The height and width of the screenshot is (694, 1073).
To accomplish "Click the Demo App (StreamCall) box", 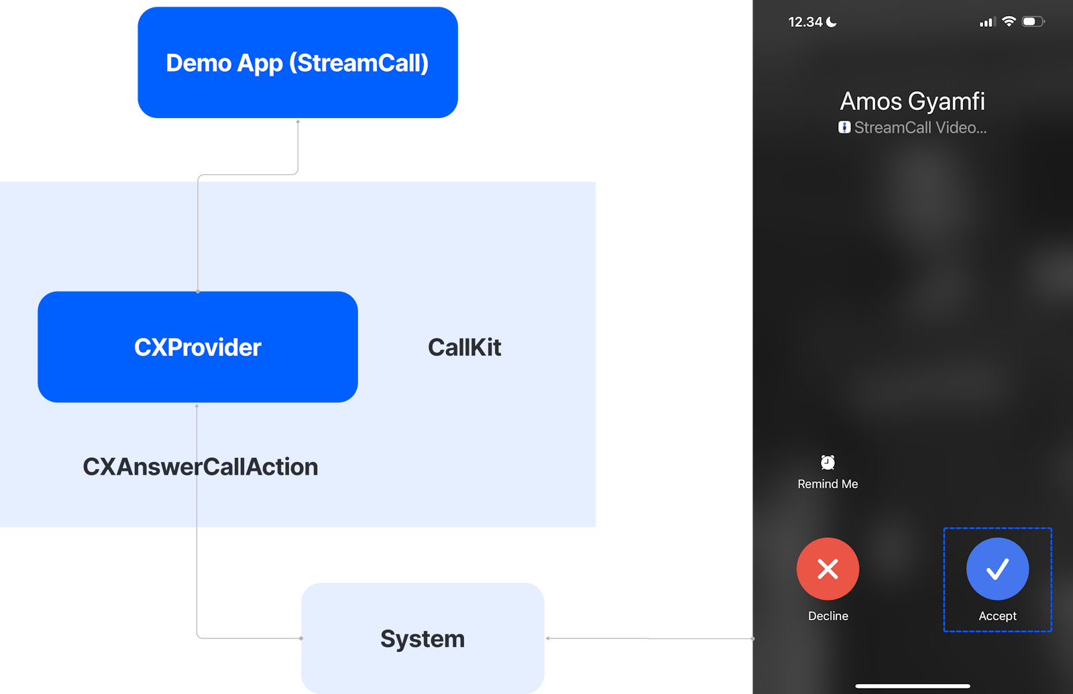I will pyautogui.click(x=297, y=63).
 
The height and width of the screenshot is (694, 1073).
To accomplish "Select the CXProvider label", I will pyautogui.click(x=198, y=347).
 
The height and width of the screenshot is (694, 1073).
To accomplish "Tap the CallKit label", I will pyautogui.click(x=464, y=347).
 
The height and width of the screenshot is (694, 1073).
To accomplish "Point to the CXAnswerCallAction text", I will pyautogui.click(x=200, y=467).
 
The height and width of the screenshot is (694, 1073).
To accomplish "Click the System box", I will pyautogui.click(x=422, y=638).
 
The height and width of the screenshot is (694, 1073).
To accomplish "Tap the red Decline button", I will pyautogui.click(x=828, y=569).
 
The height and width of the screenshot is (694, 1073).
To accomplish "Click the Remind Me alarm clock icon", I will pyautogui.click(x=828, y=462).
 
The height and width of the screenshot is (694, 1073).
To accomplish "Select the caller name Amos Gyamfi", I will pyautogui.click(x=912, y=101).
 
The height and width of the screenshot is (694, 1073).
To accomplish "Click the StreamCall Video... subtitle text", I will pyautogui.click(x=919, y=127).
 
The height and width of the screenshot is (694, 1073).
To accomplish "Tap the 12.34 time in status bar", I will pyautogui.click(x=805, y=22).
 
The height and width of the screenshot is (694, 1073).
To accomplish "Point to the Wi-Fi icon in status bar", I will pyautogui.click(x=1009, y=21).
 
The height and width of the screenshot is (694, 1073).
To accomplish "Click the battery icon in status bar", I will pyautogui.click(x=1033, y=21).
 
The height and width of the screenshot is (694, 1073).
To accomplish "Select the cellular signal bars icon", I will pyautogui.click(x=986, y=22).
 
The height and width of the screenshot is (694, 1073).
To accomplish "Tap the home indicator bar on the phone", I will pyautogui.click(x=912, y=686).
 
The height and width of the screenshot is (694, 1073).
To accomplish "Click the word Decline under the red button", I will pyautogui.click(x=828, y=616).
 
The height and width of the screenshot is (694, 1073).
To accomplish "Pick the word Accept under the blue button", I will pyautogui.click(x=997, y=616).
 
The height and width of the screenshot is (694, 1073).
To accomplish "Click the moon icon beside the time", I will pyautogui.click(x=832, y=22).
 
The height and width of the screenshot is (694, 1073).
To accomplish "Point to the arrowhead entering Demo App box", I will pyautogui.click(x=298, y=122).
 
